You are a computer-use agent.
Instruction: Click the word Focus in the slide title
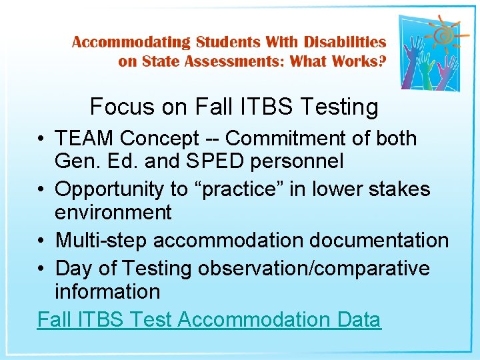[115, 106]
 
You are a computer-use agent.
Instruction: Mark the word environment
[113, 212]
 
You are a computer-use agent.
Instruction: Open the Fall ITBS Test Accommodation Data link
[209, 319]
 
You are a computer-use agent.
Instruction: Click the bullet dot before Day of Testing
[41, 269]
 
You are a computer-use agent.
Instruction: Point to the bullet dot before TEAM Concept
[41, 139]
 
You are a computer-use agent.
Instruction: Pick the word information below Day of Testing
[107, 291]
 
